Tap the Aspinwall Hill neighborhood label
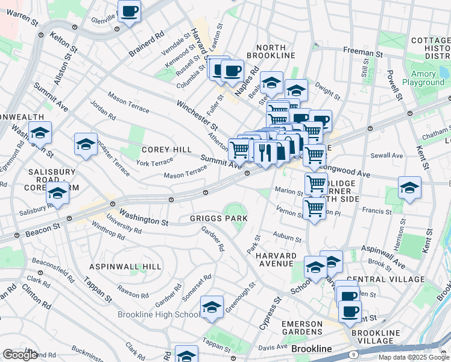125,266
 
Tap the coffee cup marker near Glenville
129,11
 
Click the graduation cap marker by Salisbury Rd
57,194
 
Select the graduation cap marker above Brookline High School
212,307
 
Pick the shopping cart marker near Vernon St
314,208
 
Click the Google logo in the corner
19,355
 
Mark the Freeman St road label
363,52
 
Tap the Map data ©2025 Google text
414,357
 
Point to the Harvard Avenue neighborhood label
276,260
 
